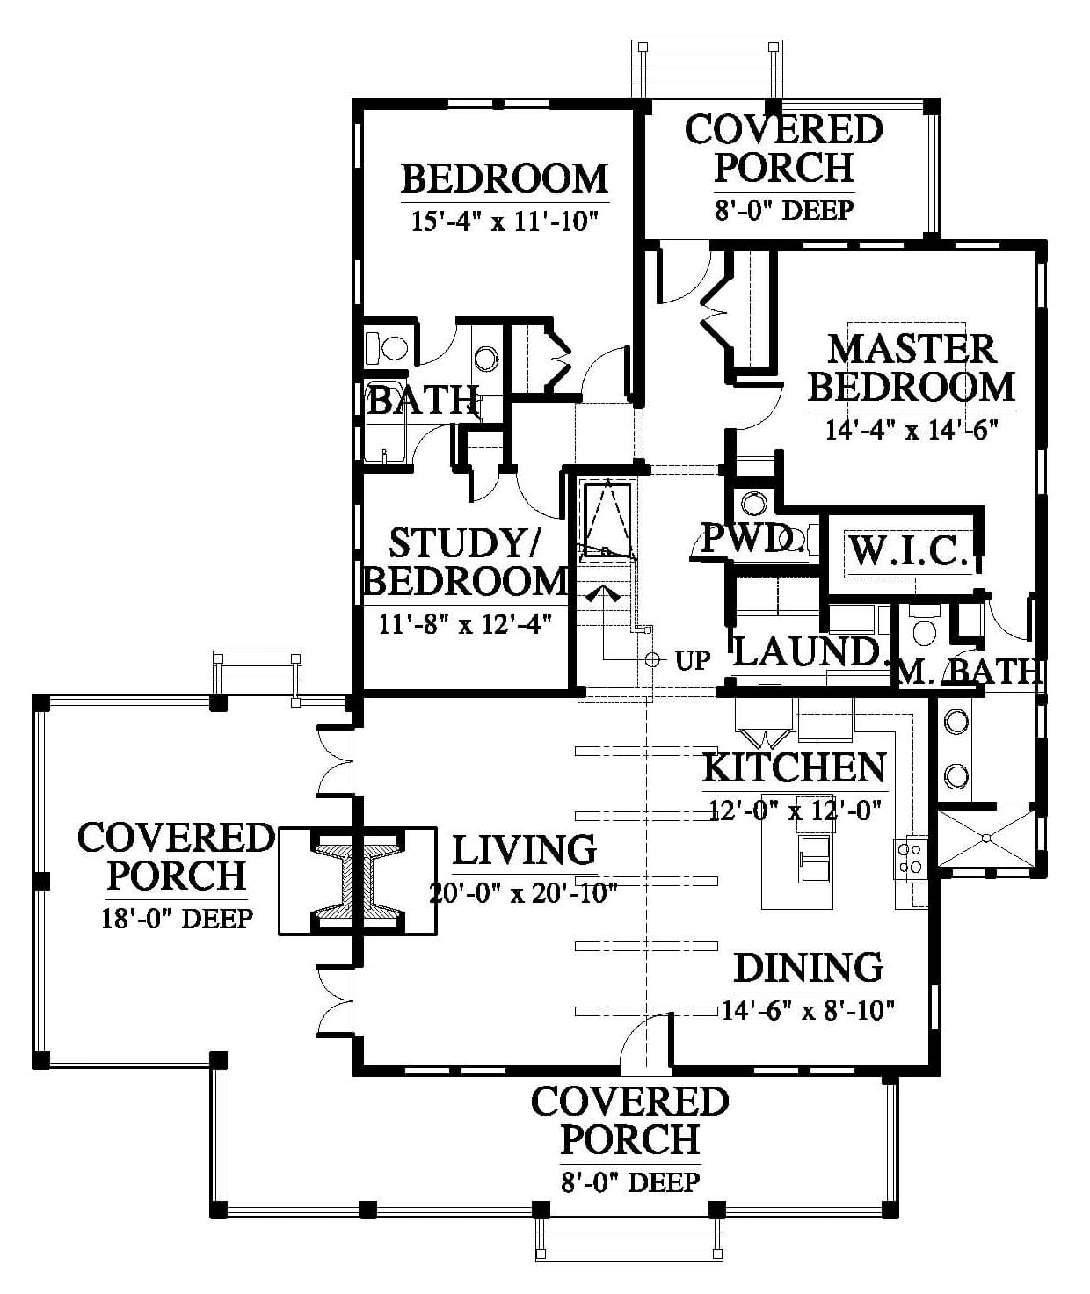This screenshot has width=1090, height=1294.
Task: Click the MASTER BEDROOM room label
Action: pyautogui.click(x=912, y=368)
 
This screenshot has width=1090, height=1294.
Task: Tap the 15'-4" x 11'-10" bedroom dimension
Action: pyautogui.click(x=505, y=222)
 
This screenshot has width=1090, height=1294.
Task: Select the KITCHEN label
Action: pyautogui.click(x=795, y=767)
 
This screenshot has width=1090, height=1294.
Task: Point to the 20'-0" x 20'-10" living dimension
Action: pyautogui.click(x=524, y=893)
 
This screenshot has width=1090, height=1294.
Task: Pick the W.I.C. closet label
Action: pyautogui.click(x=908, y=551)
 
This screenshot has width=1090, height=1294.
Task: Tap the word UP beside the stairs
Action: pyautogui.click(x=692, y=661)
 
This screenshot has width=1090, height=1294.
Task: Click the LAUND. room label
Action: pyautogui.click(x=808, y=652)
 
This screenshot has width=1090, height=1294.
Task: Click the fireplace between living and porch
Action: pyautogui.click(x=358, y=881)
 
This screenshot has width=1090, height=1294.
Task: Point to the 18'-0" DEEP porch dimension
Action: pyautogui.click(x=178, y=919)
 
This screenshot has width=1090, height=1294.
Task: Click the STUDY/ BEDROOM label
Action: pyautogui.click(x=465, y=562)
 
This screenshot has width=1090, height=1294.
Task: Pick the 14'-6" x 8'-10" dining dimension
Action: pyautogui.click(x=808, y=1011)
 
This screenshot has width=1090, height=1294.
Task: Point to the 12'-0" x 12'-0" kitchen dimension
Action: pyautogui.click(x=795, y=810)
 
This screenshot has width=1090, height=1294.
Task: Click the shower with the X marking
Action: pyautogui.click(x=986, y=837)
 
